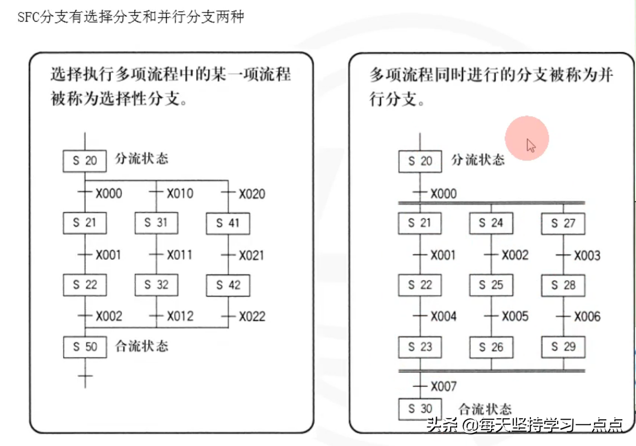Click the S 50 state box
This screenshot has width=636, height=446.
(85, 347)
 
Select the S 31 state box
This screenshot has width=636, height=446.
(156, 223)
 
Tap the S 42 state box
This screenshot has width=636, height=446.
(228, 285)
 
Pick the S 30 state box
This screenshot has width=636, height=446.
(420, 409)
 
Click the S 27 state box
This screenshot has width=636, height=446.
(563, 223)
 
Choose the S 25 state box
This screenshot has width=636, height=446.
(491, 285)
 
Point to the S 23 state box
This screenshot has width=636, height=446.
(420, 347)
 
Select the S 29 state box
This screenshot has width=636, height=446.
(563, 347)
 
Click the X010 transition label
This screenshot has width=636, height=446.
(180, 194)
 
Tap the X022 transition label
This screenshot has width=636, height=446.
(253, 317)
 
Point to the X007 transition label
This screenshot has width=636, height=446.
(443, 387)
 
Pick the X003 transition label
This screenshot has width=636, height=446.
(587, 256)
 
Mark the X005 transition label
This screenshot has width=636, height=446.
(515, 317)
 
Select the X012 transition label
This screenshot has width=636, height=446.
(180, 317)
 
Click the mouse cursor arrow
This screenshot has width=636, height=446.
(531, 145)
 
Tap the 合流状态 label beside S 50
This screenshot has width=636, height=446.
(142, 346)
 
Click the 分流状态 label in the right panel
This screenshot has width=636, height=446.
(478, 159)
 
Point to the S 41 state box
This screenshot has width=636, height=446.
(228, 223)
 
